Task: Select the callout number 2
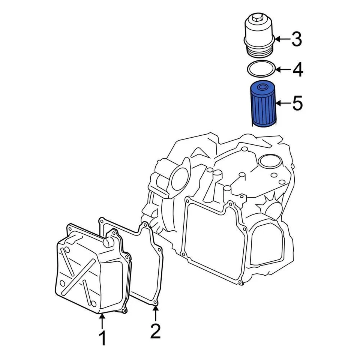click(155, 331)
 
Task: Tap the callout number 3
click(297, 39)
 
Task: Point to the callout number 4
click(297, 70)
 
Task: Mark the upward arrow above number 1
click(102, 320)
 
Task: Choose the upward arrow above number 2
click(155, 313)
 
